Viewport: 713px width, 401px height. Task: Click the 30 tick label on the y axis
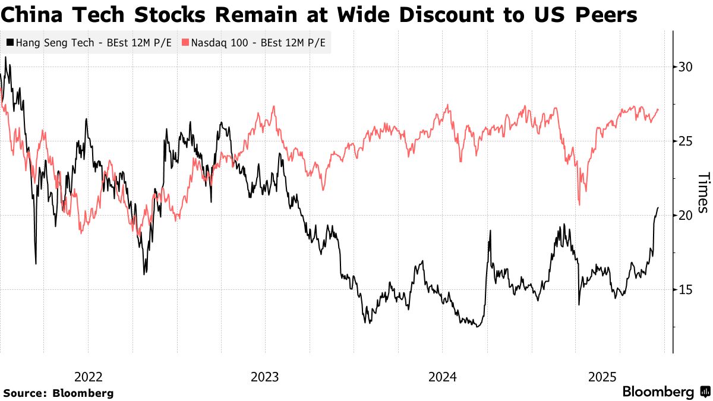[685, 67]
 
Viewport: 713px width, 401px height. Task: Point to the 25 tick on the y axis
[685, 141]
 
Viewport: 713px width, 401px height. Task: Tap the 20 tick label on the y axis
[685, 215]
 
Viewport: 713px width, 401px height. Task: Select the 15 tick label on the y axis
[685, 289]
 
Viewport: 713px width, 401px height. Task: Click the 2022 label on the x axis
[89, 377]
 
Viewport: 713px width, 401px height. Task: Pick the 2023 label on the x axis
[265, 377]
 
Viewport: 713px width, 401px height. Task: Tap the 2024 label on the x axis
[442, 377]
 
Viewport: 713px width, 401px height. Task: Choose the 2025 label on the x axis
[603, 377]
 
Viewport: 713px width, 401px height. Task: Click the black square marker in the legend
[10, 43]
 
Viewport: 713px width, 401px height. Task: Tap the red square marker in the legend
[185, 43]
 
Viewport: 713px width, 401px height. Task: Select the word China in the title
[29, 14]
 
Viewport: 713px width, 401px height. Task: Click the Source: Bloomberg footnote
[58, 393]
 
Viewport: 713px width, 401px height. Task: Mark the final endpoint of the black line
[658, 207]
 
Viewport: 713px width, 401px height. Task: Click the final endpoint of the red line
[658, 109]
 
